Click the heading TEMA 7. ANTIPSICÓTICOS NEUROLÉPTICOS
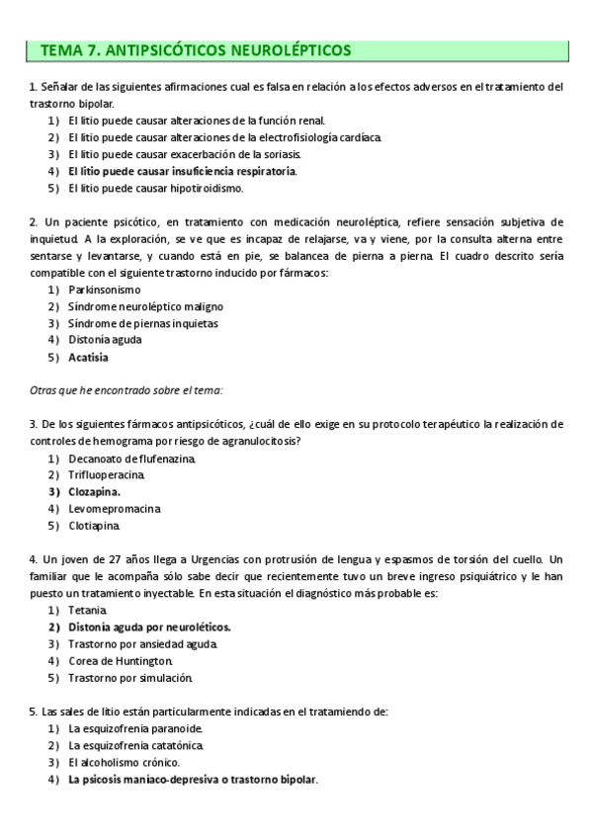click(x=195, y=50)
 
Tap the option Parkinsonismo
click(x=105, y=290)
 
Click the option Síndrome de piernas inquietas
click(x=143, y=323)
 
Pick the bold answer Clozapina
click(x=95, y=491)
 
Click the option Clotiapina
click(x=95, y=525)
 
